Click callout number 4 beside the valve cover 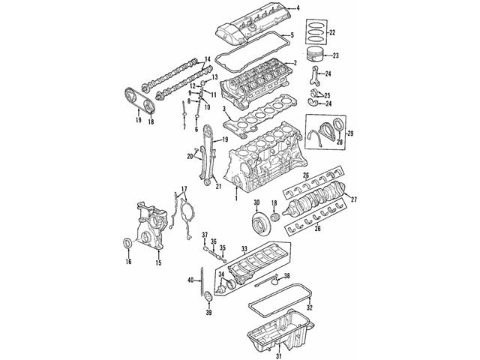tap(298, 8)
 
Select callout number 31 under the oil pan tap(278, 355)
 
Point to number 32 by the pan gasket tap(310, 307)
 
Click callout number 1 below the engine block tap(236, 198)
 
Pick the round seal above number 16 tap(127, 243)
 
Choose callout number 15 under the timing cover tap(158, 262)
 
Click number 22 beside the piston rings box tap(332, 32)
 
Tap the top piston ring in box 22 tap(316, 24)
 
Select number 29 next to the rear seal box tap(350, 133)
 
